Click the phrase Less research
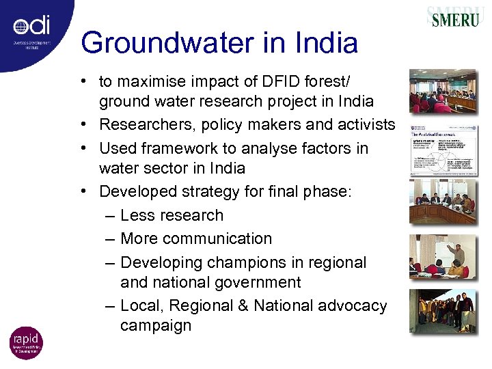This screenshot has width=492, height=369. [172, 215]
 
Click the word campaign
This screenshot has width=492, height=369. [156, 325]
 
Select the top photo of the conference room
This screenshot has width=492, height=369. [443, 91]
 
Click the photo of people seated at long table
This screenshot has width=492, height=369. [443, 201]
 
